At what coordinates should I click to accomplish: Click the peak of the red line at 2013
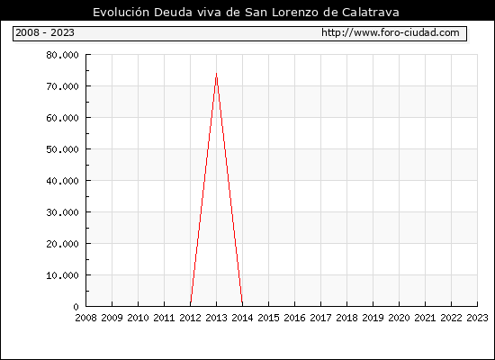216,74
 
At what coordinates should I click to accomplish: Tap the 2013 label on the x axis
216,318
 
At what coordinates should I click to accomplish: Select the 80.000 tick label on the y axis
62,55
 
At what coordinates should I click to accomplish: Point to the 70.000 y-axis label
62,86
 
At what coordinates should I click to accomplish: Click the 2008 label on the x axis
85,318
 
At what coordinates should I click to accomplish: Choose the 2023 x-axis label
477,318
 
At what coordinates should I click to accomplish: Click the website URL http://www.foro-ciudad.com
391,32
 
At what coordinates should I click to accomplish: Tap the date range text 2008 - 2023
45,32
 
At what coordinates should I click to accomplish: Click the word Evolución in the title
121,13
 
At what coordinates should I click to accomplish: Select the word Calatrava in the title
371,13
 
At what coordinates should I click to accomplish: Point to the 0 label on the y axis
76,307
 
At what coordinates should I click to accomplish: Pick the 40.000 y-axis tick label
62,181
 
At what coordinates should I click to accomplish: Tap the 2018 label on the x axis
346,318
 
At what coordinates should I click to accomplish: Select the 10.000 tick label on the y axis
62,275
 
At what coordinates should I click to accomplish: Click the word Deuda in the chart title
173,13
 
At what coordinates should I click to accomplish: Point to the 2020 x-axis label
399,318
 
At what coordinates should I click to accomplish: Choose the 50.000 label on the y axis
62,149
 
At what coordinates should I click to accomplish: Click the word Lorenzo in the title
295,13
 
